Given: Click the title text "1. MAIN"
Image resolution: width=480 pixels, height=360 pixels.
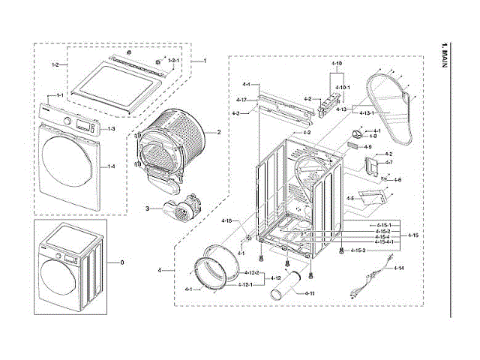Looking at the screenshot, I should [x=446, y=56].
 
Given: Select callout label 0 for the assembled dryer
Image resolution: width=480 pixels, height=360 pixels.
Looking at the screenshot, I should [x=114, y=262].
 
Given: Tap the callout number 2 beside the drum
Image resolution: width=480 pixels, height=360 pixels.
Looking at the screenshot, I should [x=218, y=132].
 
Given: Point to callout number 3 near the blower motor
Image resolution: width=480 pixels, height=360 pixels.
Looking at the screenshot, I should [x=147, y=208].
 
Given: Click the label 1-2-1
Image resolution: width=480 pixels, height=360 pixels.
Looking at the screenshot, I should [x=173, y=59].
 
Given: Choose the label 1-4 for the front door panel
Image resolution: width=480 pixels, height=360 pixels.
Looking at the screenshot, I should [x=111, y=166].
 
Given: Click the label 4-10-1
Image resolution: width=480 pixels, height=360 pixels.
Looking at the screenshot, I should [x=340, y=88].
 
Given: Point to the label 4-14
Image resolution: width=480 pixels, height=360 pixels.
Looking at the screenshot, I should [x=399, y=268].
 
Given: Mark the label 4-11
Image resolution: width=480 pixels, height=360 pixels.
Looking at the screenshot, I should [x=309, y=292].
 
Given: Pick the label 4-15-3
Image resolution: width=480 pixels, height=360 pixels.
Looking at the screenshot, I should [x=357, y=250].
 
